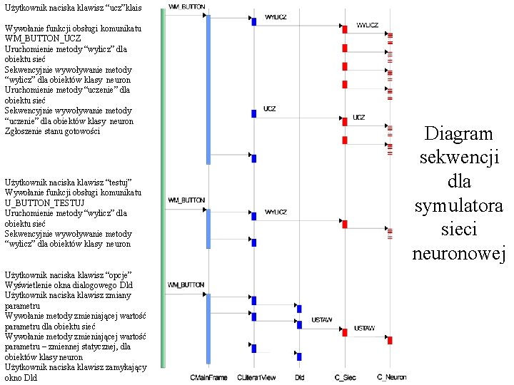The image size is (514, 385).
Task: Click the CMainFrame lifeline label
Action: point(208,376)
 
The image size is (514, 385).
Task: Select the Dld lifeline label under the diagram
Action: point(299,376)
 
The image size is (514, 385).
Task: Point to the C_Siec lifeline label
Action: point(346,376)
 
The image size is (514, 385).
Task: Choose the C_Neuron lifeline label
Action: point(392,376)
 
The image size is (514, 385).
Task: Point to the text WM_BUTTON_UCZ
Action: point(43,38)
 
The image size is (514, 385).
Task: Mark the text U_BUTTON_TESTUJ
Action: point(45,202)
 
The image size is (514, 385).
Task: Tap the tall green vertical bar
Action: point(163,185)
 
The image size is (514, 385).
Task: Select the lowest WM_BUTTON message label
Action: point(186,285)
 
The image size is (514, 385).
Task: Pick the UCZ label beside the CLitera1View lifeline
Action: point(269,109)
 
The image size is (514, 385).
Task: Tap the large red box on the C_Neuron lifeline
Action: point(390,340)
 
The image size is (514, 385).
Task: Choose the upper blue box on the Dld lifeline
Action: point(299,309)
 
